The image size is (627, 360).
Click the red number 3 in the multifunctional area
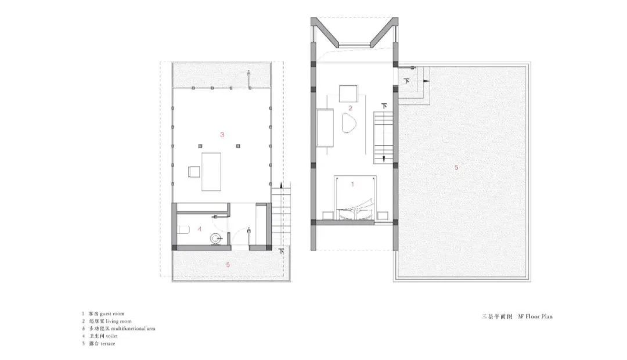coord(222,134)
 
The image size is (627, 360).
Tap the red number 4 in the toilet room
coord(200,229)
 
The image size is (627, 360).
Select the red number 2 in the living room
coord(350,108)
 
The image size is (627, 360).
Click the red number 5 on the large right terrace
coord(456,167)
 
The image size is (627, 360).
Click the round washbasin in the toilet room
coord(217,237)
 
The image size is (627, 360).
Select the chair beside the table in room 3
coord(193,171)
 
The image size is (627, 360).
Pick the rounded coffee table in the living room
coord(349,124)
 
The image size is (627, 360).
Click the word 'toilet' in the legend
coord(110,336)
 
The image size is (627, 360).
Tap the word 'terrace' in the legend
coord(111,343)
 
